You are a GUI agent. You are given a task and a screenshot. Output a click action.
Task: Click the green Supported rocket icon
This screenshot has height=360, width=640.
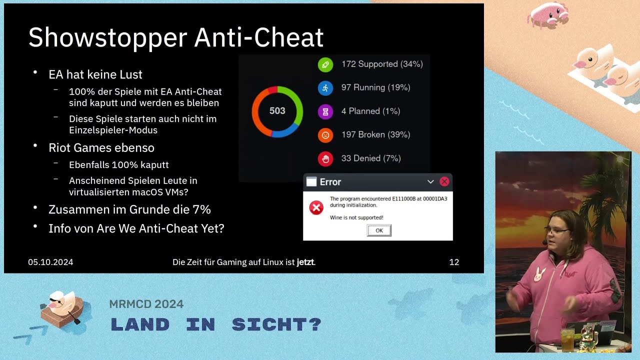(325, 64)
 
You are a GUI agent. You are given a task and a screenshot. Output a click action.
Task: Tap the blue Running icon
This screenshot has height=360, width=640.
(325, 88)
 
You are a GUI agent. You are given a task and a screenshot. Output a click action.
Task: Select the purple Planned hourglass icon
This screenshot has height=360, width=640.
(325, 111)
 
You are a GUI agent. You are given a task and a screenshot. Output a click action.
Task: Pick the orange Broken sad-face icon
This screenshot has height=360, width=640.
(325, 135)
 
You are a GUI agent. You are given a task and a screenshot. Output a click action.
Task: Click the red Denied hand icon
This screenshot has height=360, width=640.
(325, 159)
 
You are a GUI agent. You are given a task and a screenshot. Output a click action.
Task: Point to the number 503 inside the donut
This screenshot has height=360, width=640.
(277, 111)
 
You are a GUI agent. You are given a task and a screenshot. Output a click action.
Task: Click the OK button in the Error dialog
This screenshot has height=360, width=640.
(379, 230)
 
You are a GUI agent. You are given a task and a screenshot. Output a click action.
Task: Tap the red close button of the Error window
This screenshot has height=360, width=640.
(444, 181)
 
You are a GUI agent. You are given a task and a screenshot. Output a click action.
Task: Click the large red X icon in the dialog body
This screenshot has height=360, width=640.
(316, 207)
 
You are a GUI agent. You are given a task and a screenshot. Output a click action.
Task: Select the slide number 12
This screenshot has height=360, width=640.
(454, 262)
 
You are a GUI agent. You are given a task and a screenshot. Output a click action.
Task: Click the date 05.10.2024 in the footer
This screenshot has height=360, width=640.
(50, 262)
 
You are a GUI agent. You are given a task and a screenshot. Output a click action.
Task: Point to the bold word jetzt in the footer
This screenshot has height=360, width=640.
(305, 262)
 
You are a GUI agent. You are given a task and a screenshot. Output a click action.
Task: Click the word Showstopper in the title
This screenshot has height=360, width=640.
(108, 38)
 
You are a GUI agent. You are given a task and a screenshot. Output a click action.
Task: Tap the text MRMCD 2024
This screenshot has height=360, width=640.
(146, 304)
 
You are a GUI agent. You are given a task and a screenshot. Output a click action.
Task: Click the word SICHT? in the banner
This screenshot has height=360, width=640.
(276, 324)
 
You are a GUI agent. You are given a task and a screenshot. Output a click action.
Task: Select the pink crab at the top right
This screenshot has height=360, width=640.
(548, 15)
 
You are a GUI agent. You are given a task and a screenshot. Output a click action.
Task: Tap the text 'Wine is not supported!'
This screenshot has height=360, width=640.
(356, 217)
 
